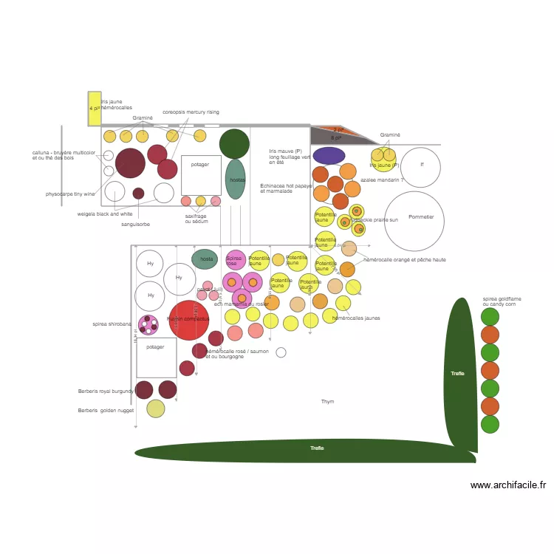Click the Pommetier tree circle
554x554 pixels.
414,222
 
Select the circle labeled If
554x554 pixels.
420,168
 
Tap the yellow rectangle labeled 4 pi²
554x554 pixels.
95,109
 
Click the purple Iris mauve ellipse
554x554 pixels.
329,155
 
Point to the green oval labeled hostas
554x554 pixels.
235,179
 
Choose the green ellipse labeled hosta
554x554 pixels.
205,259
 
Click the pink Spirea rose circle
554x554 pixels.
236,260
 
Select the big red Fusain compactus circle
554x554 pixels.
189,320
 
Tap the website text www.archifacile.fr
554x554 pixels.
507,485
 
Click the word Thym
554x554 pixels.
327,402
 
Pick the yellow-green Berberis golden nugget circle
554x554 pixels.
156,408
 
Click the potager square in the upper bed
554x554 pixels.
201,175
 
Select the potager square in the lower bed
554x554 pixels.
156,358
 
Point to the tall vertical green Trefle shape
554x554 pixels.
459,374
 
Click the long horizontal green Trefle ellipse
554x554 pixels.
304,451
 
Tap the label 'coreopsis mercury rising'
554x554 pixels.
191,112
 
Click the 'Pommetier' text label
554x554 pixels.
421,217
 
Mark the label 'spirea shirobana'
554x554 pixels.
112,324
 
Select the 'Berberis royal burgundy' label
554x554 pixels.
106,391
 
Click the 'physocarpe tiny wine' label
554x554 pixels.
70,194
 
